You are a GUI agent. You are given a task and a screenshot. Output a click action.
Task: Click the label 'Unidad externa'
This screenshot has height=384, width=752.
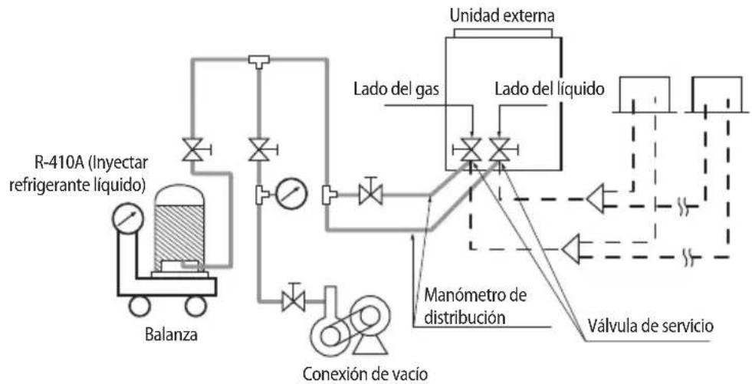coord(502,16)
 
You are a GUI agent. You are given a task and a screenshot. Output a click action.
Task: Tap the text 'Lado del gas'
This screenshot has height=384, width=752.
coord(396,89)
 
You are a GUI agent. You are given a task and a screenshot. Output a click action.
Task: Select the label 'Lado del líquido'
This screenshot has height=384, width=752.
coord(550,89)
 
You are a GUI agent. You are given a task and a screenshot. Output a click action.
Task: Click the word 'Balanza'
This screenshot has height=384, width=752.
coord(171,334)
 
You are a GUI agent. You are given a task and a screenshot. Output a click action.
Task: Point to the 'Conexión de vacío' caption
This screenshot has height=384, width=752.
coord(364,373)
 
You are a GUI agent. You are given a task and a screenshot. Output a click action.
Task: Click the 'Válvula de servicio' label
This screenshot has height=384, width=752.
coord(651,326)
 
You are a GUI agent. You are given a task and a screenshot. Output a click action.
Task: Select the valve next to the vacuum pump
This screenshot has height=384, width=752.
coord(293,300)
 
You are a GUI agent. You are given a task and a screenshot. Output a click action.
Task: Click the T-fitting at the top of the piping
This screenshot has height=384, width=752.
coord(259,61)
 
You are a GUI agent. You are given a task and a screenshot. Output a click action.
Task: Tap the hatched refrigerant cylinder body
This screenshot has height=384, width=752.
coord(180,236)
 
